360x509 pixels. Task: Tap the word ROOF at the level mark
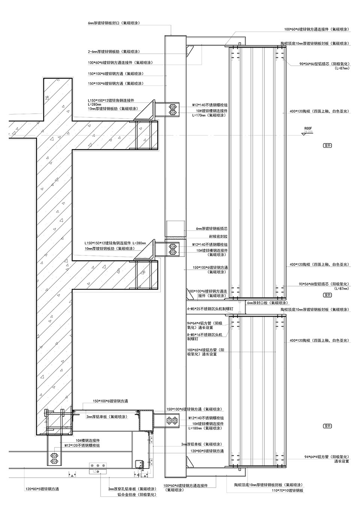(x=308, y=128)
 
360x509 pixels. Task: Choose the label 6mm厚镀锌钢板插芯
(x=212, y=228)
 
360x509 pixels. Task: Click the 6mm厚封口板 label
(x=267, y=303)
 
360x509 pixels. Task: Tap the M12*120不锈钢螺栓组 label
(x=82, y=445)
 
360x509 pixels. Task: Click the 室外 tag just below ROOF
(x=327, y=145)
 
